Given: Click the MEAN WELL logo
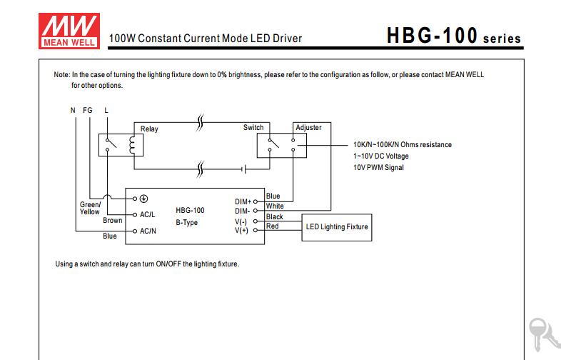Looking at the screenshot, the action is (x=69, y=31).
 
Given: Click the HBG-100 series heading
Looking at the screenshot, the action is (x=454, y=36).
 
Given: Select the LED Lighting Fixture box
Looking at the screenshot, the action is (x=337, y=227).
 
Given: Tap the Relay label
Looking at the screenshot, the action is (x=149, y=129).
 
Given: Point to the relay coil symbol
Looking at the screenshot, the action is (x=132, y=145).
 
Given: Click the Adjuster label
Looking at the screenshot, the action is (x=308, y=128).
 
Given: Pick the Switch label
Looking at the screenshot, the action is (x=253, y=128).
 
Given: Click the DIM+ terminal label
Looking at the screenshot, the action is (x=243, y=201).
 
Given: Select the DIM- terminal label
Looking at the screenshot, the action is (x=242, y=211).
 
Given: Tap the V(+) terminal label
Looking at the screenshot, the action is (x=241, y=230).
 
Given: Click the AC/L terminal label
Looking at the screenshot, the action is (x=148, y=214).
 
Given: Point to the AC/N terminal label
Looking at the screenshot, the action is (x=148, y=231).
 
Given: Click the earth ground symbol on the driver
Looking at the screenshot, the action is (x=144, y=199).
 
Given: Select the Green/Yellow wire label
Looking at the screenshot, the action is (x=90, y=208).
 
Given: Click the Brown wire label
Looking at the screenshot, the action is (x=112, y=220).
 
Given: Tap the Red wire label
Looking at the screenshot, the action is (x=272, y=226).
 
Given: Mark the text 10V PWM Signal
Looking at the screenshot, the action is (x=378, y=167).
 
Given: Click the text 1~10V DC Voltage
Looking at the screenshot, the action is (x=380, y=156).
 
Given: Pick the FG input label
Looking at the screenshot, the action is (x=88, y=110).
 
